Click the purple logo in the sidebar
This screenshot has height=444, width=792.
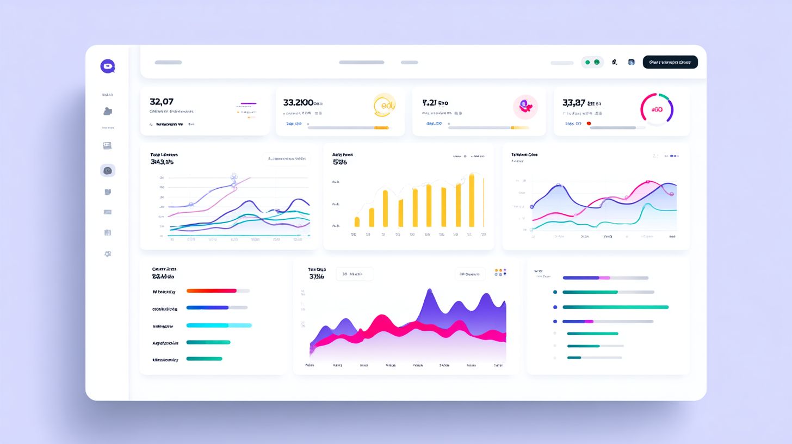(108, 66)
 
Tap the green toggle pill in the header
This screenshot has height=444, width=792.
(592, 62)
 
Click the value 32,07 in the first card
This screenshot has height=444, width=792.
(162, 102)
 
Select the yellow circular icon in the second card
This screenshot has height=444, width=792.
(385, 105)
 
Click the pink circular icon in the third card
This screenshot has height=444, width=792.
(525, 107)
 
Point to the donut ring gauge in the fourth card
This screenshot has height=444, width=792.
(657, 109)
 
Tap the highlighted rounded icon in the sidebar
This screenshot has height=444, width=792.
(108, 171)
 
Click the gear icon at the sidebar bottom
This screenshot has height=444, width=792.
(108, 254)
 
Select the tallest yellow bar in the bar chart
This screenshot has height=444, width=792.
(472, 200)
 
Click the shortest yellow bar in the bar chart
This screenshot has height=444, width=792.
(357, 221)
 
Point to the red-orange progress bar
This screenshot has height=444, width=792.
(212, 291)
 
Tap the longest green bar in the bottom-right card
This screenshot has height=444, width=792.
(615, 307)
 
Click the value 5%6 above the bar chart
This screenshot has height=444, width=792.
(339, 162)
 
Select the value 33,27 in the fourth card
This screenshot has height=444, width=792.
(574, 102)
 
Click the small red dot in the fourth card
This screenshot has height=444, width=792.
(588, 124)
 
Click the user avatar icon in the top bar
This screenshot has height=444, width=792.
(631, 62)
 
